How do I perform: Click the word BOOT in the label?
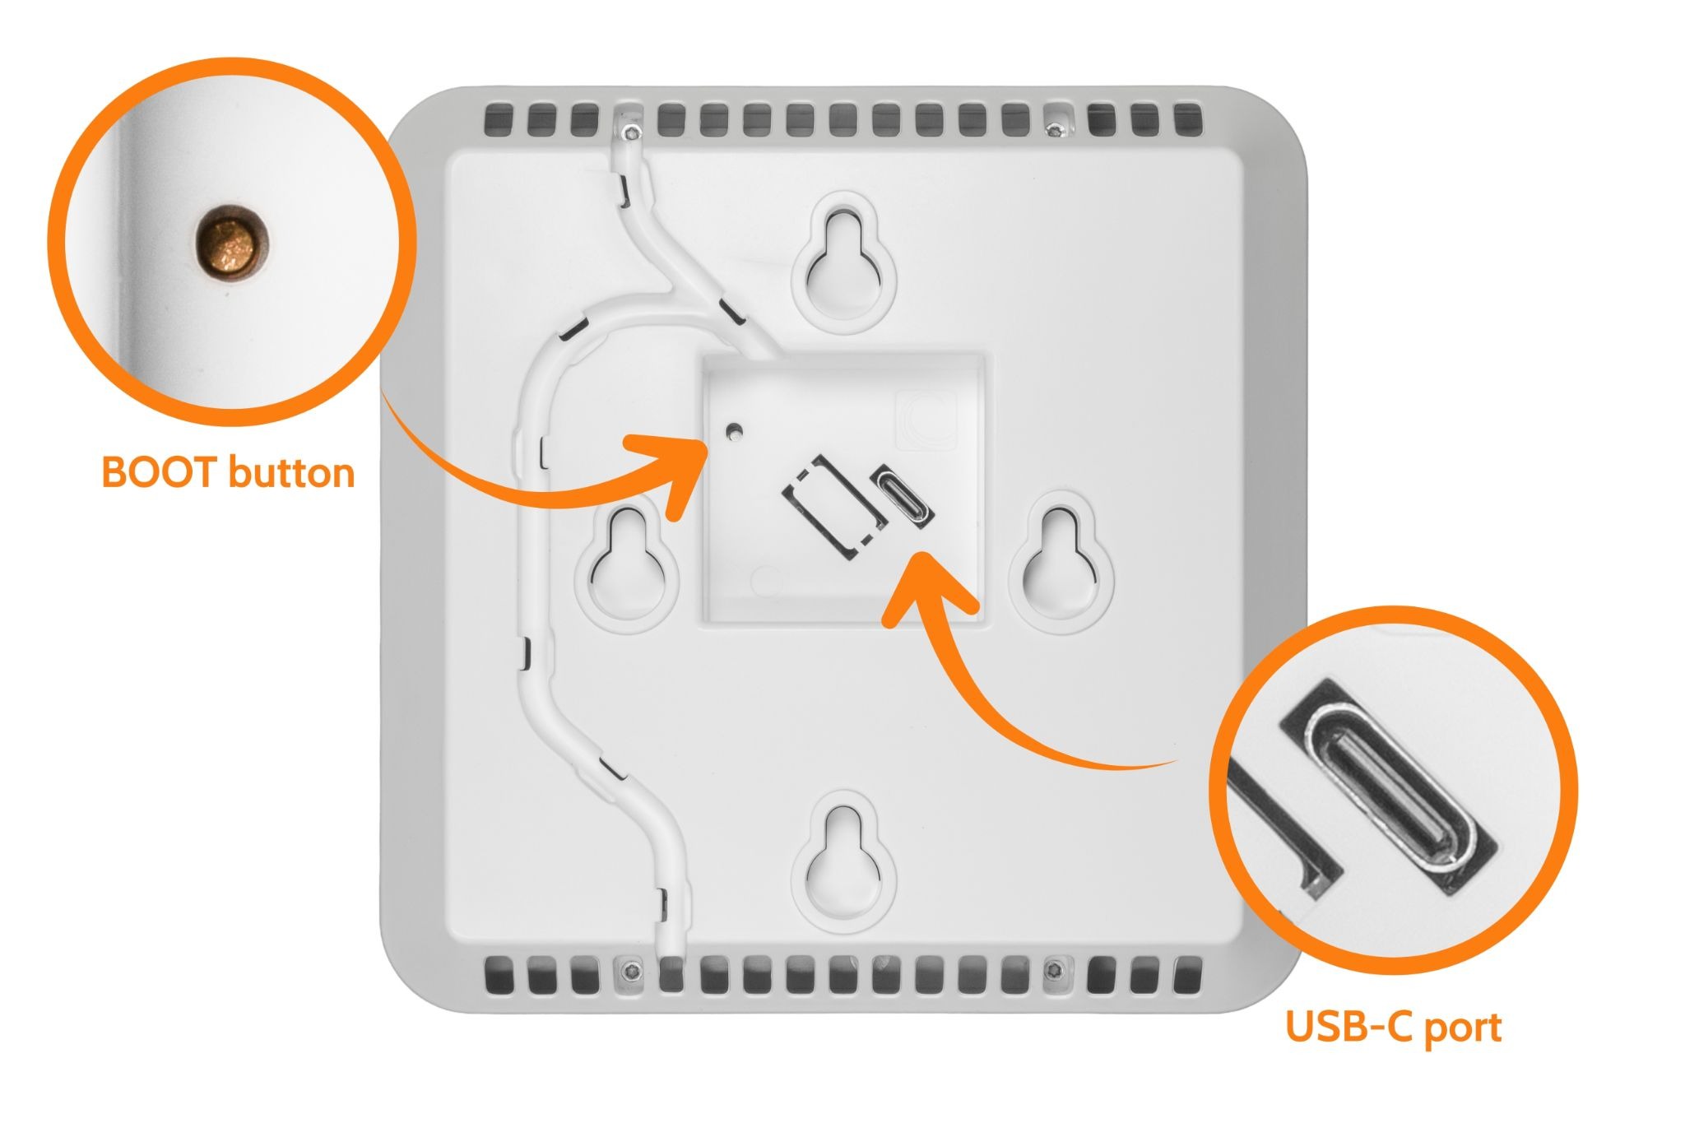[x=159, y=473]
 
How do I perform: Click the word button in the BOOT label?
[x=290, y=473]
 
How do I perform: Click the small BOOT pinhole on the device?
[x=734, y=429]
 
